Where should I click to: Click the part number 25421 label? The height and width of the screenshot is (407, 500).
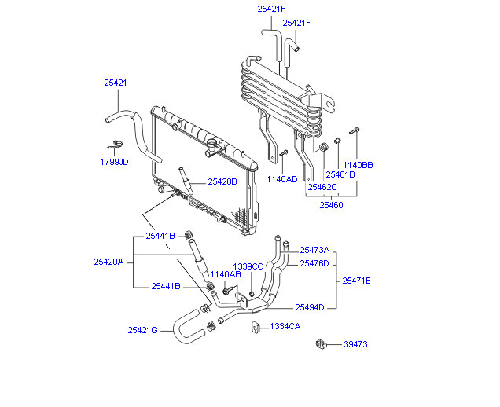116,82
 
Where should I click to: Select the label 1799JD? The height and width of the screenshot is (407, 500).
114,162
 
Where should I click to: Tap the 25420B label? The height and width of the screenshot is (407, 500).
222,181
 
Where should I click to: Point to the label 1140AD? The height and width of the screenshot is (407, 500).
282,179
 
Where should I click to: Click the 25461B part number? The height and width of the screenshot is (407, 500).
340,174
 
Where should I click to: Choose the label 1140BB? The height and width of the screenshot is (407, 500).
358,165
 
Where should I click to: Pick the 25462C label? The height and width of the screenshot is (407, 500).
322,187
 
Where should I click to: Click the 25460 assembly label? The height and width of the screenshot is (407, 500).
331,205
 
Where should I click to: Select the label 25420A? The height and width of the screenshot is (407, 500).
108,262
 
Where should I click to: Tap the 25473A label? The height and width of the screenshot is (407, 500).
314,250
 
